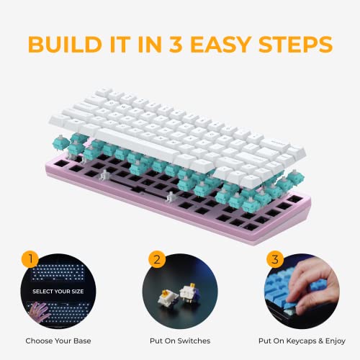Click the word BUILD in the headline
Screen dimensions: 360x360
tap(65, 45)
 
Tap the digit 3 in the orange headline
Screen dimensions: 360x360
tap(176, 45)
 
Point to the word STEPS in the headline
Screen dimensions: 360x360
tap(296, 45)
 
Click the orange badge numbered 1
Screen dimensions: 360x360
tap(30, 259)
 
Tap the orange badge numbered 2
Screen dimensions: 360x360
tap(157, 259)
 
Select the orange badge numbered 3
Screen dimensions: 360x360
tap(275, 259)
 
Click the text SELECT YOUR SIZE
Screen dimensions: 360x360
tap(58, 292)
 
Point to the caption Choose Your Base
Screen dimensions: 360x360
tap(58, 341)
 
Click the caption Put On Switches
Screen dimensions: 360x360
tap(180, 341)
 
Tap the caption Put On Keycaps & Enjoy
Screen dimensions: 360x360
tap(302, 341)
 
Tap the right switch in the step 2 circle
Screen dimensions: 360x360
tap(190, 294)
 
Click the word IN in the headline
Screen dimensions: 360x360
tap(150, 45)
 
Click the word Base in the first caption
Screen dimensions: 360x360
tap(82, 341)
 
